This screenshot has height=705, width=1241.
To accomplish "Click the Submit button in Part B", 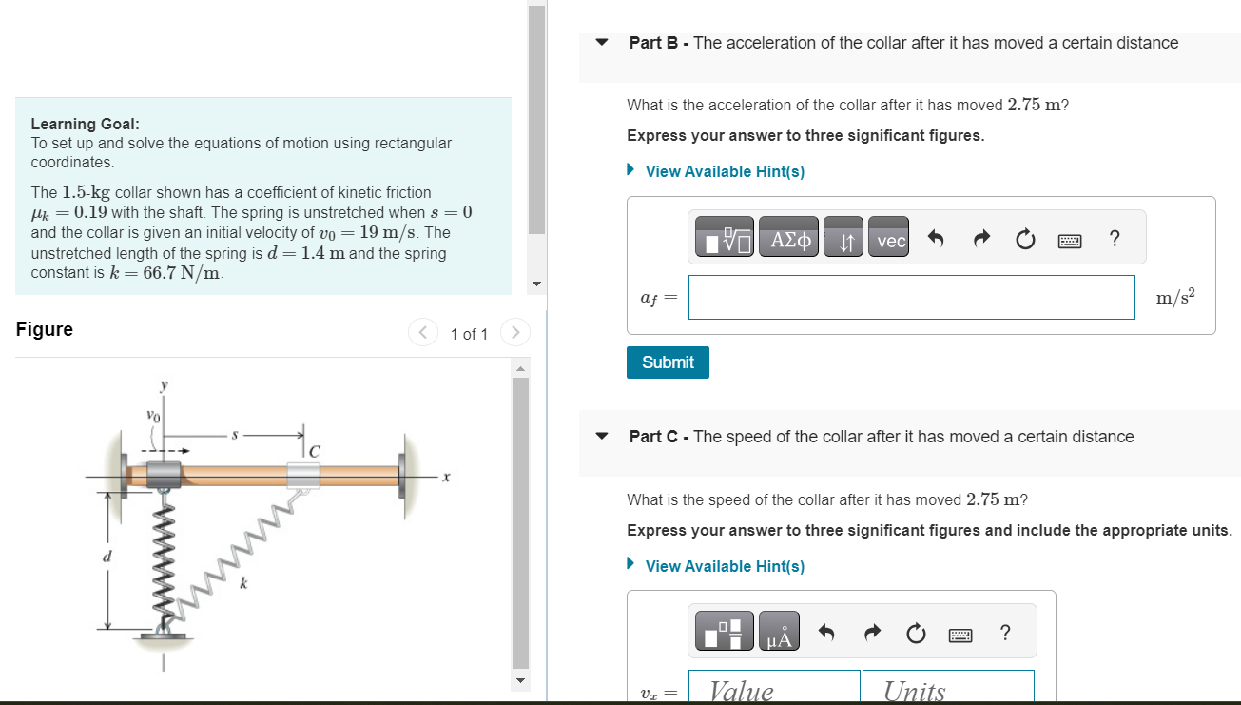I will click(668, 362).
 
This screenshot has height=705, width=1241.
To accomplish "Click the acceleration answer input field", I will click(911, 298).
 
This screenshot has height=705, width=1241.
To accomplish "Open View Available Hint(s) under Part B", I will click(724, 171).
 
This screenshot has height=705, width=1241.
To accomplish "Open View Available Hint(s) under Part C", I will click(724, 566).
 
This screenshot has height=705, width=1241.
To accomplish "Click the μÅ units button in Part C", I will click(779, 633).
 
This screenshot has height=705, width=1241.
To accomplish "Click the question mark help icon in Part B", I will click(1114, 240).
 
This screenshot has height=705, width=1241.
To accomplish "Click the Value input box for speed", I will click(774, 689).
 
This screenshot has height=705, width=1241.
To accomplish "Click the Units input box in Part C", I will click(947, 689).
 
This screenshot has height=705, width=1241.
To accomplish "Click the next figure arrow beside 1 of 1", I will click(514, 333).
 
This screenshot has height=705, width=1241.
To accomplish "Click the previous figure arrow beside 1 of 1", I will click(422, 333).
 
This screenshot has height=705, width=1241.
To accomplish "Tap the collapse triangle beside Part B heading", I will click(601, 43).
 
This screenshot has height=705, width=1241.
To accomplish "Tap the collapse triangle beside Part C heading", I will click(601, 437).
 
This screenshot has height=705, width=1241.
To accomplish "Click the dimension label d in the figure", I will click(107, 555).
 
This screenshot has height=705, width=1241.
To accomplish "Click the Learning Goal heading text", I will click(86, 124).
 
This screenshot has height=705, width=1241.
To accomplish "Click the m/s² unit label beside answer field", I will click(1175, 298).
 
